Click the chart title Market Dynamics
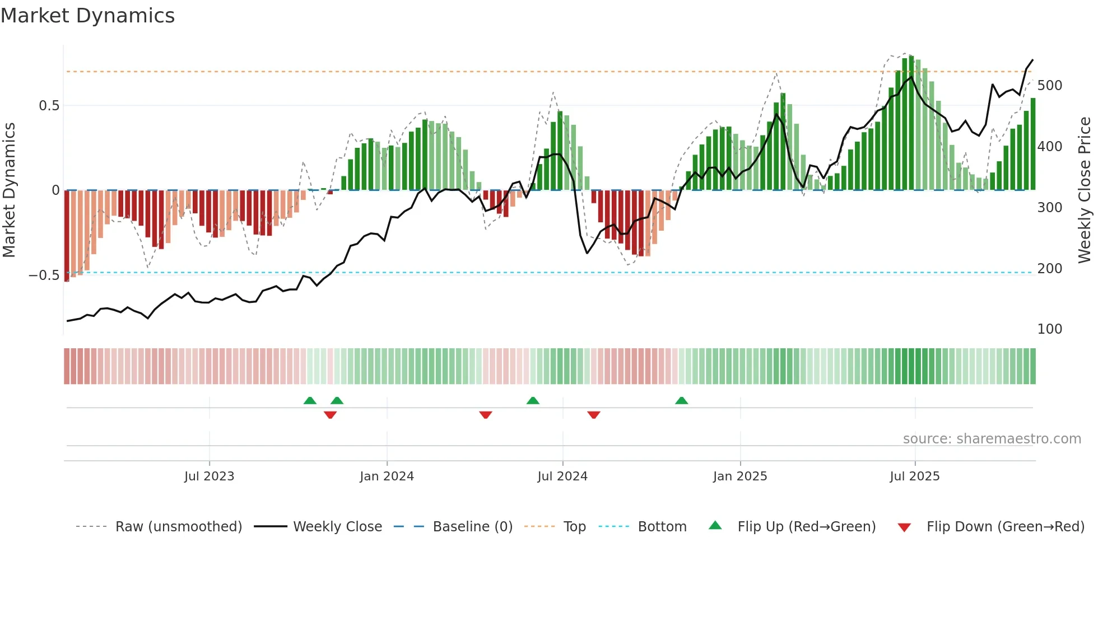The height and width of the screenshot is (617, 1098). (x=87, y=16)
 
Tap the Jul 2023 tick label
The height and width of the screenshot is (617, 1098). (x=209, y=476)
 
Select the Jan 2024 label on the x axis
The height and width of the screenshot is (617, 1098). (x=387, y=476)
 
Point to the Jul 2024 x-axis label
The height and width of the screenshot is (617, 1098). (x=562, y=476)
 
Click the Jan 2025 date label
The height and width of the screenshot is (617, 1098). (x=740, y=476)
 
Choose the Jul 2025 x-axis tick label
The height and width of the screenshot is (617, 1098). (x=915, y=476)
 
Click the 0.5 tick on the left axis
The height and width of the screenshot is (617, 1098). (x=49, y=106)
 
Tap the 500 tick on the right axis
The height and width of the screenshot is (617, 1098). (x=1050, y=86)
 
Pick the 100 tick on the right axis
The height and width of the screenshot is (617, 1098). (x=1050, y=329)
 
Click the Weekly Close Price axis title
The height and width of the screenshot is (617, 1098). (x=1085, y=190)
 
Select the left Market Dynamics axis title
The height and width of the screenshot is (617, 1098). (x=9, y=190)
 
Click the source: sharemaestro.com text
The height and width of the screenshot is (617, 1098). (x=992, y=439)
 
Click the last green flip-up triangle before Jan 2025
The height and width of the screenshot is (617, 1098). (x=681, y=401)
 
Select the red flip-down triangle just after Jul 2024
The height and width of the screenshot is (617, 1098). (x=594, y=415)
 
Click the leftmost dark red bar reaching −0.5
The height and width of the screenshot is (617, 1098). (x=67, y=235)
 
